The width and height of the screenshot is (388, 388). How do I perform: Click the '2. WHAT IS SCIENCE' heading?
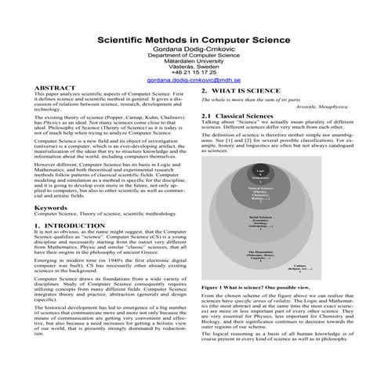tap(236, 91)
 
